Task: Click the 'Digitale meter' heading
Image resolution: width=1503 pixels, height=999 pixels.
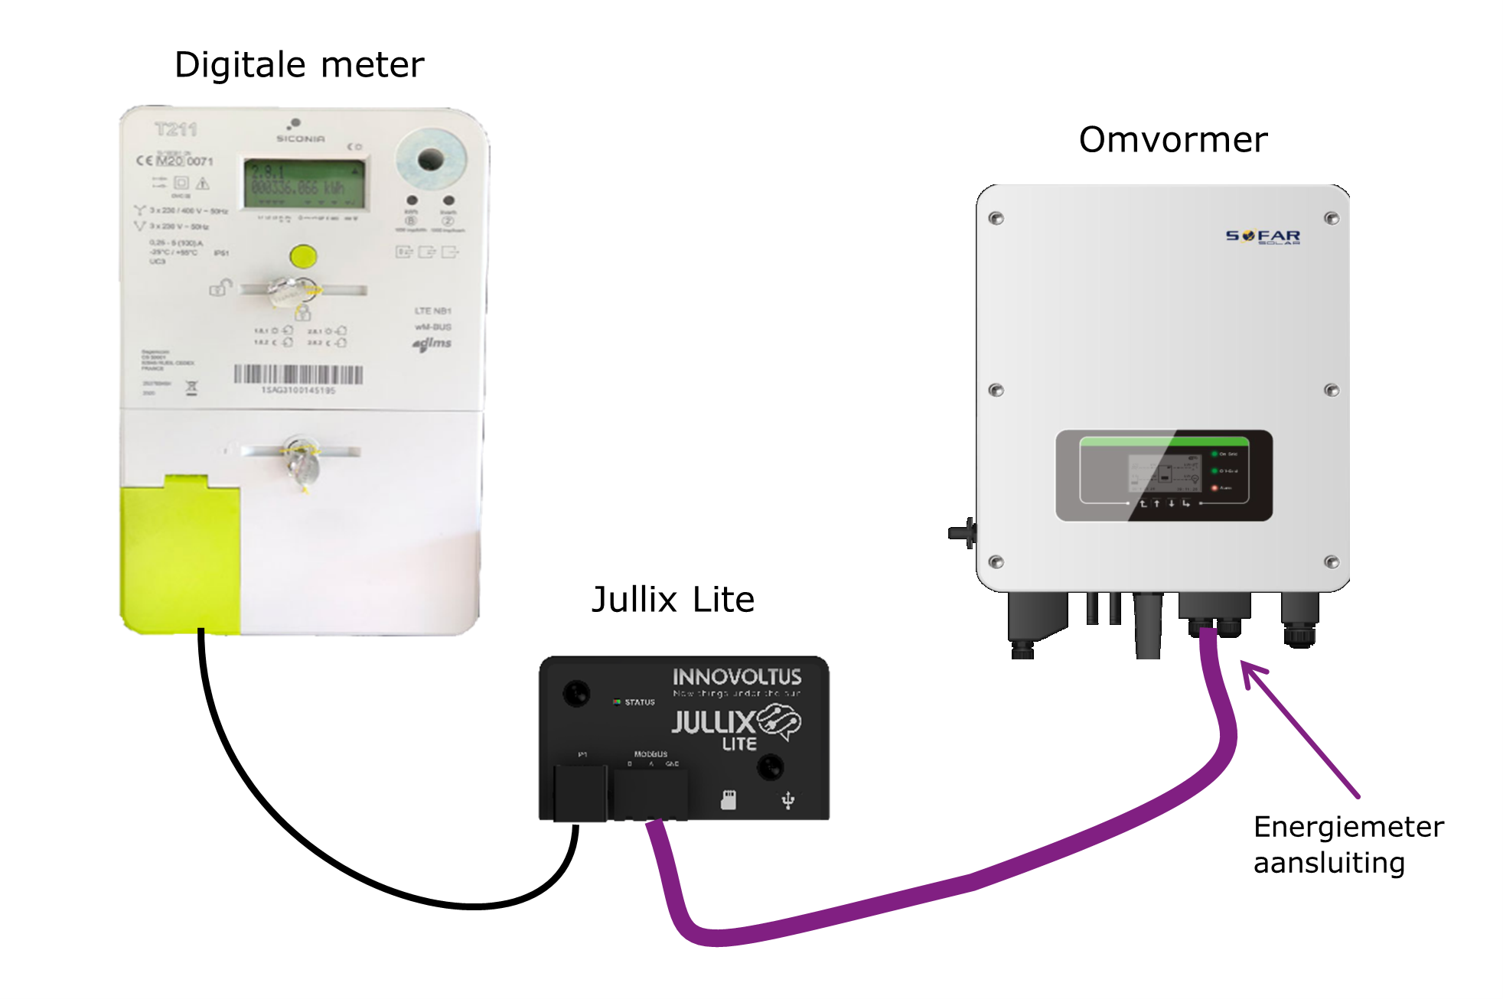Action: tap(298, 65)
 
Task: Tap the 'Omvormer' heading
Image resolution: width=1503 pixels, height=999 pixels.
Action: tap(1172, 140)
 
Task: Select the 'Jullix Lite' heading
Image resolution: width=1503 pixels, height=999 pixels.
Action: tap(673, 600)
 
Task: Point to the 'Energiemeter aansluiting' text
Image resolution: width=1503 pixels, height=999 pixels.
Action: tap(1348, 844)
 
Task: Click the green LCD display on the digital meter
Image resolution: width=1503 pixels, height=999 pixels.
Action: tap(304, 184)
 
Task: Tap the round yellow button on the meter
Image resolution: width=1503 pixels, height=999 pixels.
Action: tap(303, 255)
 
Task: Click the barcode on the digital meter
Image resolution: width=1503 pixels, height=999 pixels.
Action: tap(298, 374)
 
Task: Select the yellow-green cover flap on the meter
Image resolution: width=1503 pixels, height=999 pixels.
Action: tap(180, 555)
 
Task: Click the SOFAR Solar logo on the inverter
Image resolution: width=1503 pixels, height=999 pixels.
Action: tap(1263, 236)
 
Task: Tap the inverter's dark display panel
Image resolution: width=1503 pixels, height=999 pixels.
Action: tap(1163, 476)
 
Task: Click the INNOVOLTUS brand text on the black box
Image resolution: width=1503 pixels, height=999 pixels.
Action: tap(737, 677)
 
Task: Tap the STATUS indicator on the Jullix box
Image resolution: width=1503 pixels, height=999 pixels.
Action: tap(634, 702)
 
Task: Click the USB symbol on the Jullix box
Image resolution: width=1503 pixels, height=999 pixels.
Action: tap(787, 801)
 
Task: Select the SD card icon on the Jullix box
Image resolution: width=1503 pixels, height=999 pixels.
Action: tap(728, 800)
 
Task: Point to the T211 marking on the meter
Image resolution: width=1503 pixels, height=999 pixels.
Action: tap(175, 129)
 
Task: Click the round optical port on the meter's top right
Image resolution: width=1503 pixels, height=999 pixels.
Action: tap(430, 159)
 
